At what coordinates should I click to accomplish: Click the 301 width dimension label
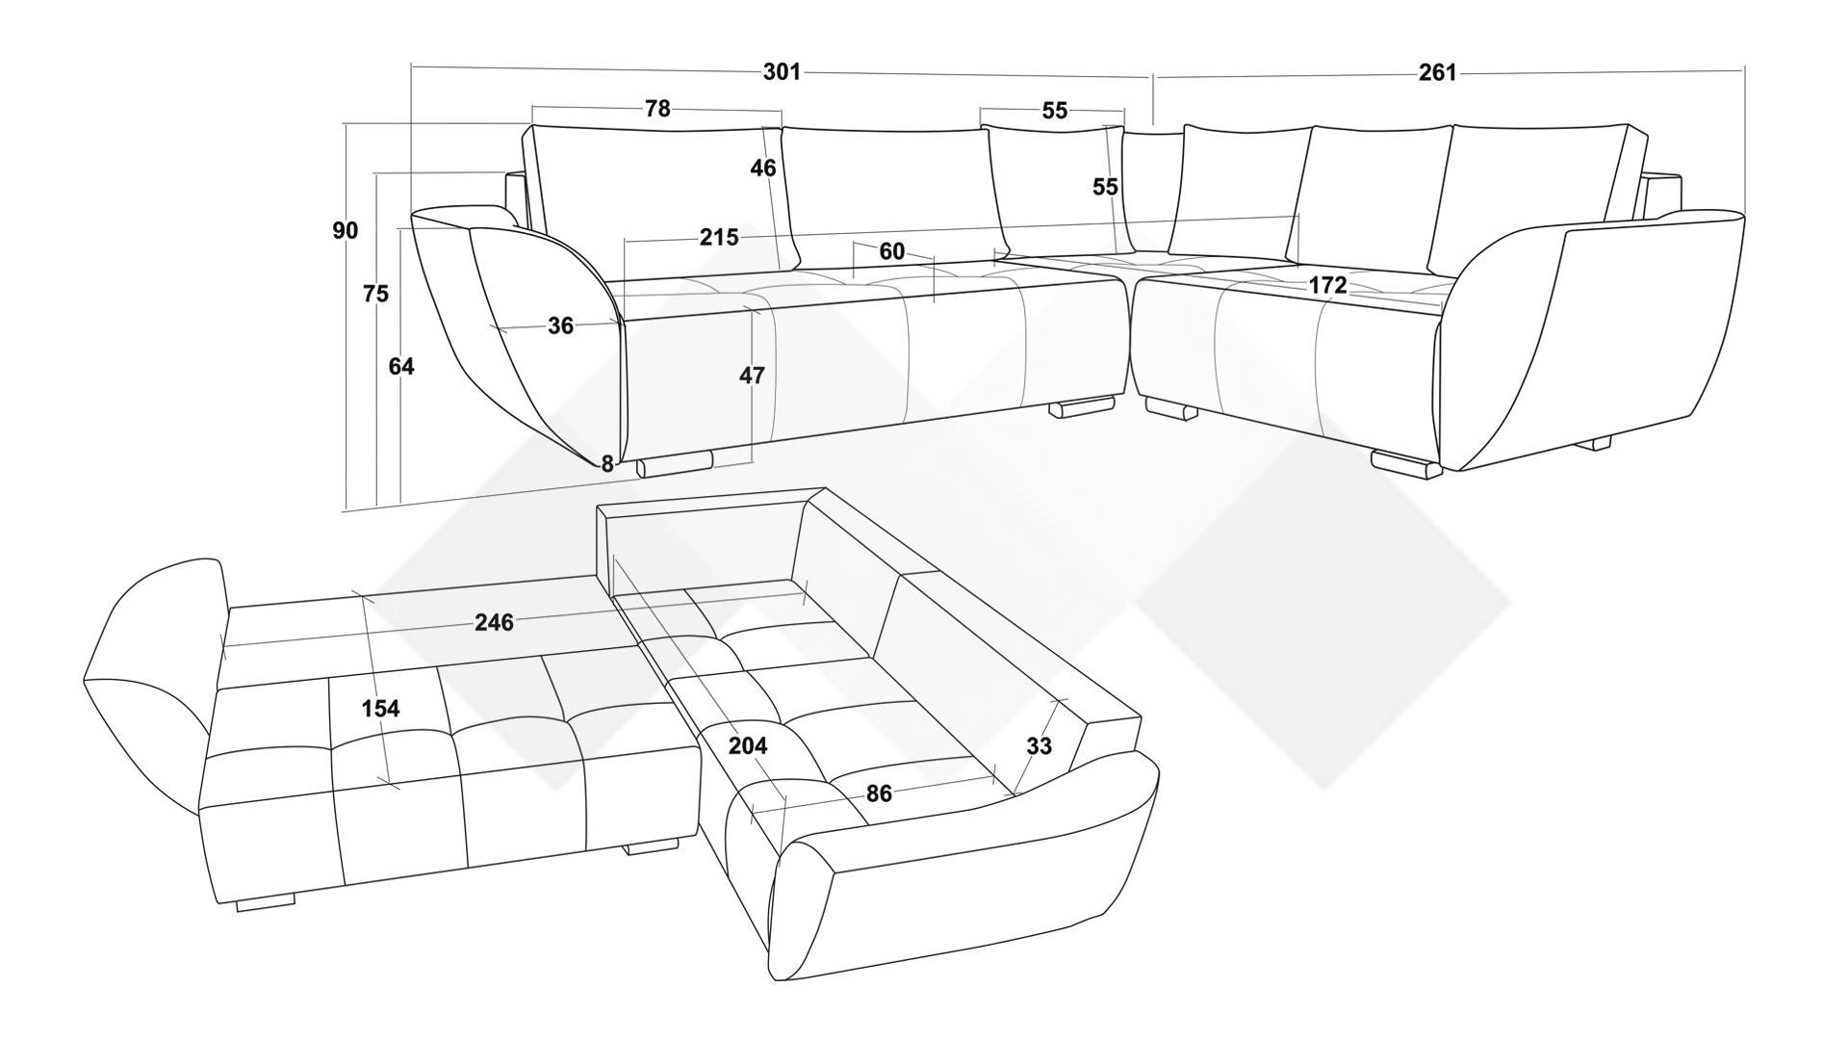782,72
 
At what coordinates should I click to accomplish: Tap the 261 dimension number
1438,73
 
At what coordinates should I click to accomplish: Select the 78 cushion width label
657,109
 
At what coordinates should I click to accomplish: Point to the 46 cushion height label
763,169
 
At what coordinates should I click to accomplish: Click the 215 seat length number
719,237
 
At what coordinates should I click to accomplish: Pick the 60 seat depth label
892,251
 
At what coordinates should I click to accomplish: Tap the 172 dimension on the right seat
1327,285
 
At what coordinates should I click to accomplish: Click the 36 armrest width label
561,325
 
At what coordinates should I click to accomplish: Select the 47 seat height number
752,376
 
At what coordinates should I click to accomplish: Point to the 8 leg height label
607,464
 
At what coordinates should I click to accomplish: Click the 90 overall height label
346,230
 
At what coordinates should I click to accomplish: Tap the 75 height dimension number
376,294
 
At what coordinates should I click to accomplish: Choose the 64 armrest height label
401,366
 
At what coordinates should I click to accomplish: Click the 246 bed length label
495,622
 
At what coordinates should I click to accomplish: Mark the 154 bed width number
380,709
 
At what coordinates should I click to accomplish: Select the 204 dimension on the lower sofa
748,745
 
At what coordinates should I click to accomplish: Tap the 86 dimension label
879,793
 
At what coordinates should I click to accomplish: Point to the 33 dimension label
1039,746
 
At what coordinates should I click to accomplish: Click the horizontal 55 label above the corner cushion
1055,111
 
